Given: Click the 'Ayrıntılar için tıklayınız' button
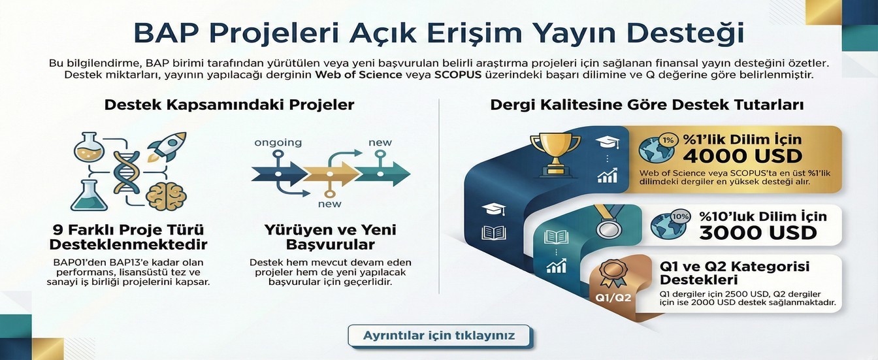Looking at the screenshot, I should pyautogui.click(x=440, y=336).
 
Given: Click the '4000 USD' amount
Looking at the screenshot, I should pyautogui.click(x=742, y=155).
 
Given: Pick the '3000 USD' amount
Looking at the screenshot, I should pyautogui.click(x=758, y=233).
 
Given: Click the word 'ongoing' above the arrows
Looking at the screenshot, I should pyautogui.click(x=278, y=142).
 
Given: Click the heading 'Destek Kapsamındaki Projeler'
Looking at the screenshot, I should pyautogui.click(x=229, y=105).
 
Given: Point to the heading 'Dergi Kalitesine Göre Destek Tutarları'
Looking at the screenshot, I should pyautogui.click(x=647, y=105).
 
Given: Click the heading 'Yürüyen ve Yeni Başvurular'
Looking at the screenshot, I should pyautogui.click(x=330, y=237).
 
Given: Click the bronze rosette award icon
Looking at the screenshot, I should pyautogui.click(x=613, y=270).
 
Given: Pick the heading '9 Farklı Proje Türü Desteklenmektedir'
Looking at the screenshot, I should pyautogui.click(x=129, y=237).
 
